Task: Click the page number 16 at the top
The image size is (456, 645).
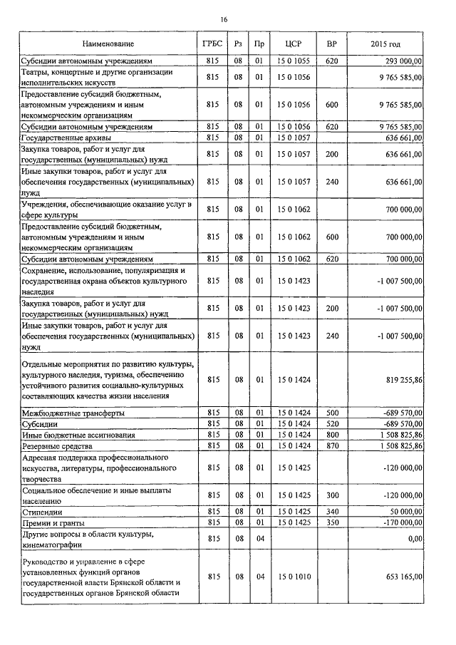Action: click(224, 20)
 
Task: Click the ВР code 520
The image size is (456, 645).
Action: click(331, 423)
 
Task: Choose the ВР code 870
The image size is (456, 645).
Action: click(331, 445)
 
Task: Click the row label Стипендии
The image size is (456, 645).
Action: click(42, 512)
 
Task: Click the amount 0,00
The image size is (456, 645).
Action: click(413, 540)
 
